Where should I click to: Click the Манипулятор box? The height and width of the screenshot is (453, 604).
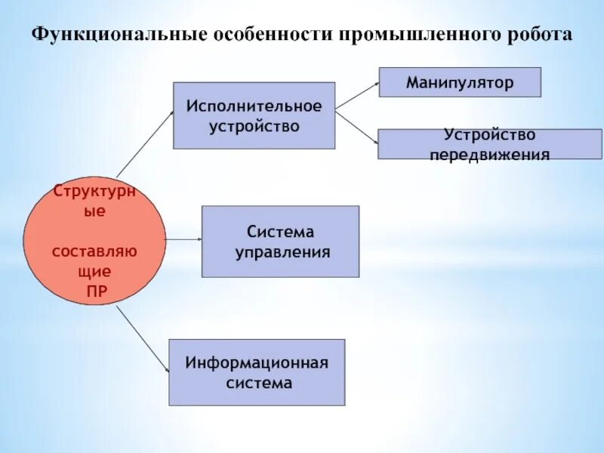460,82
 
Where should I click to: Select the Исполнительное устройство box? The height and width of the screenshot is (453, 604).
254,115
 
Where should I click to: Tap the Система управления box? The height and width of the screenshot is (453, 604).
280,241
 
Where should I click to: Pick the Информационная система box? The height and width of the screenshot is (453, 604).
257,372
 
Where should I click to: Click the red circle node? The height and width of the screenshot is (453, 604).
94,242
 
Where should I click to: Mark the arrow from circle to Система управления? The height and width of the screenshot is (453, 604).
183,239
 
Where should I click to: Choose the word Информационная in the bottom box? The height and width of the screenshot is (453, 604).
257,362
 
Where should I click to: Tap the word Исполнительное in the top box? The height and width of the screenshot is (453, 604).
254,105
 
